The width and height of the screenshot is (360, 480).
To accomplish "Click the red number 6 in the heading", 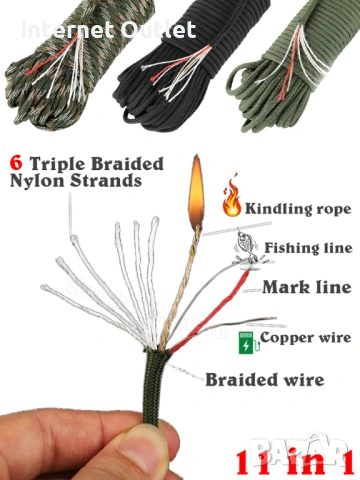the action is click(16, 163).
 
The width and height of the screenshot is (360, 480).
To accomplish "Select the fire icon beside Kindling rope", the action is click(232, 197).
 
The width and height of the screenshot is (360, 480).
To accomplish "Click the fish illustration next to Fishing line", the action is click(247, 247).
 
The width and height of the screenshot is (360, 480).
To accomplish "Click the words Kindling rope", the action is click(298, 209).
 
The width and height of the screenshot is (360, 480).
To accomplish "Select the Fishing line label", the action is click(308, 248).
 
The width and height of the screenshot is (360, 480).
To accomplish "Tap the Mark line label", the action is click(307, 287).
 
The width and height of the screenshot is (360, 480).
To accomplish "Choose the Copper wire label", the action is click(306, 338).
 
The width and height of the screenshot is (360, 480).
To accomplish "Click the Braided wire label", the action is click(265, 380).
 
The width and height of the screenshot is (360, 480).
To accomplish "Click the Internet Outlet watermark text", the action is click(109, 30).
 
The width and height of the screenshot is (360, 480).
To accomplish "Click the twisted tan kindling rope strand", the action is click(182, 287).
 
